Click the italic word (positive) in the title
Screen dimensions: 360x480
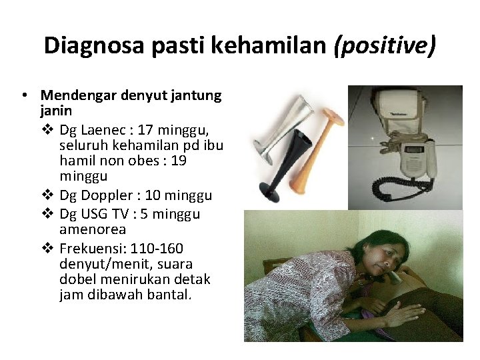387,46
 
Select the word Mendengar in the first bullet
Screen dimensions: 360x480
78,95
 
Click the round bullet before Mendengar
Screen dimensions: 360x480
24,95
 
